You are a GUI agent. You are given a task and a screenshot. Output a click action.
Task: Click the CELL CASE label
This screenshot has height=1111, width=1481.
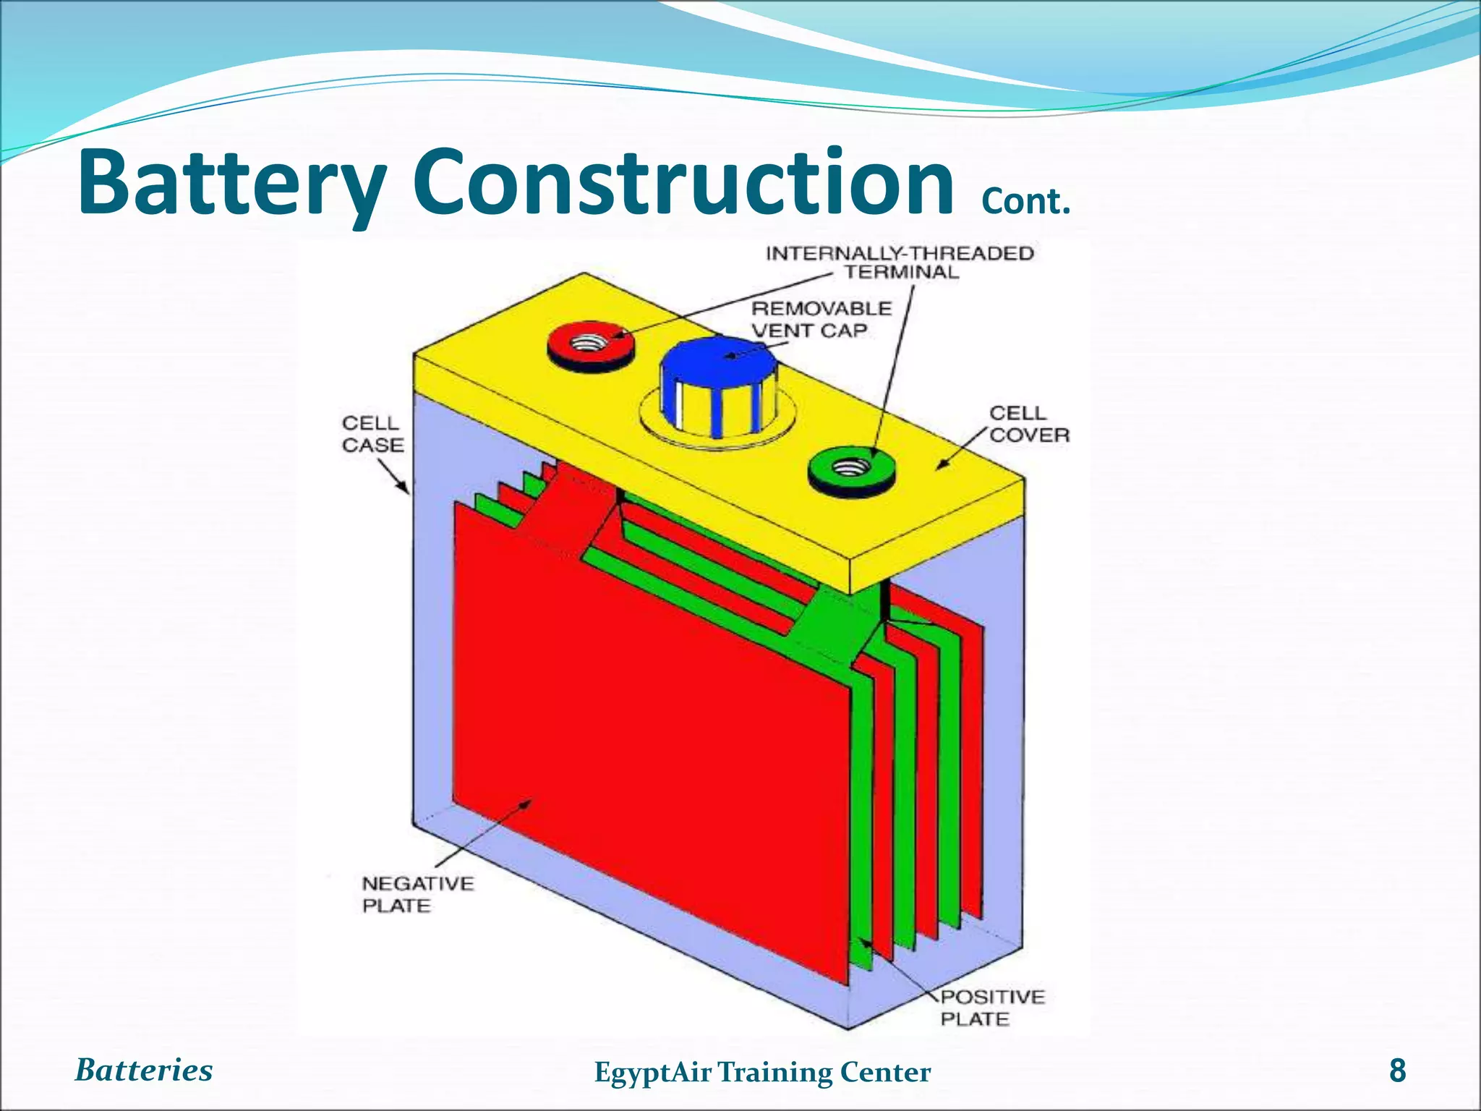[x=372, y=434]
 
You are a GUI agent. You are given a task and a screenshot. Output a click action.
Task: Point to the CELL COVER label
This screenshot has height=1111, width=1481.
[x=1029, y=424]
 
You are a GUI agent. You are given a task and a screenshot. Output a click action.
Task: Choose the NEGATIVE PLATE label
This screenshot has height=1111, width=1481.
[x=417, y=895]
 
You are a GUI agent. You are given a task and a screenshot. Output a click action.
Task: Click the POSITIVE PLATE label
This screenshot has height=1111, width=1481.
[x=992, y=1008]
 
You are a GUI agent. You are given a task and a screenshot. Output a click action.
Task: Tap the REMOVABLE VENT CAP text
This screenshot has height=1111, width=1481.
[x=821, y=319]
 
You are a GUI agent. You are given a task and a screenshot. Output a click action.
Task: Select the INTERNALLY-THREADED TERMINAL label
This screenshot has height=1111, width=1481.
[x=900, y=263]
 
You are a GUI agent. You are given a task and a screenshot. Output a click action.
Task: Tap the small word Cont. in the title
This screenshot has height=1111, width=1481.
[x=1025, y=202]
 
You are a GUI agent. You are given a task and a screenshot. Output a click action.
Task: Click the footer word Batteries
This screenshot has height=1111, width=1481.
[x=144, y=1070]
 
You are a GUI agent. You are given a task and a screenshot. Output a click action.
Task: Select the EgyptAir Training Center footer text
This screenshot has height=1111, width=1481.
[x=762, y=1072]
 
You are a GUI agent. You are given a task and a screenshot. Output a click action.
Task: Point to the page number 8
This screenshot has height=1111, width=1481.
[x=1398, y=1070]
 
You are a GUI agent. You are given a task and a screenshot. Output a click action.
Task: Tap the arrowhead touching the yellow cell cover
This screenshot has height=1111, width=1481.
[x=943, y=465]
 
